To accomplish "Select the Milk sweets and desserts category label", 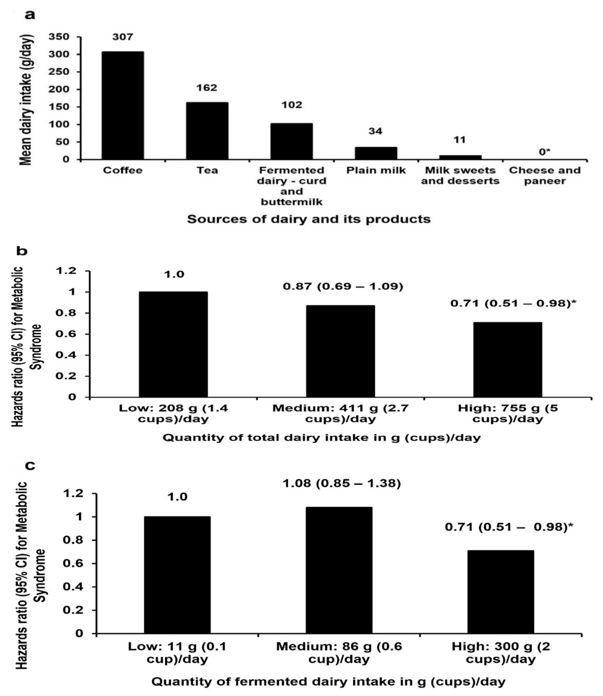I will point(460,176).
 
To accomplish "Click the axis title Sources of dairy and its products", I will point(309,219).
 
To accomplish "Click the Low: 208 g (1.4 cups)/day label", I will point(173,414).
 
